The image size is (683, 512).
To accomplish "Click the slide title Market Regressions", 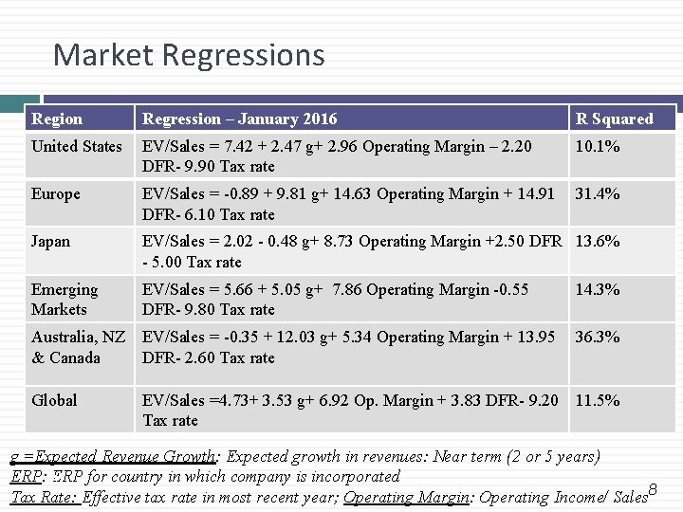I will point(189,55).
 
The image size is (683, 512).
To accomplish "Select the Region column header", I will point(57,119).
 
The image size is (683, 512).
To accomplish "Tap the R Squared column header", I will point(614,119).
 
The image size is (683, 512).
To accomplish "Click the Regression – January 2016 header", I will point(239,119).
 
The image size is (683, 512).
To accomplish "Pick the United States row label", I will point(77,147).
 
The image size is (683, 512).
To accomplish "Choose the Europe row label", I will point(56,194).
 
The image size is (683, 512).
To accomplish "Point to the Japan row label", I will point(51,242).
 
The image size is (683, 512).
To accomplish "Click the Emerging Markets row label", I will point(65,300).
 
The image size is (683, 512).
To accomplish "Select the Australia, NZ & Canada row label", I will point(78,347).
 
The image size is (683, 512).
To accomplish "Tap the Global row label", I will point(54,400).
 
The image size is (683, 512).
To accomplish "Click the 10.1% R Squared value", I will point(598,147).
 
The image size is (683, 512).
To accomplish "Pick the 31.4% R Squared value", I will point(598,194).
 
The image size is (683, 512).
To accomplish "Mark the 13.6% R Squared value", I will point(598,242).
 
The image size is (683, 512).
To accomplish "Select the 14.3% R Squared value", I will point(598,289).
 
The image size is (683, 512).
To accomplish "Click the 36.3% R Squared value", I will point(598,337).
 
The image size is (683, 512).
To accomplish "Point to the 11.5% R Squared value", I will point(598,400).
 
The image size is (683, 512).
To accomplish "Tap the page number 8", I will point(653,489).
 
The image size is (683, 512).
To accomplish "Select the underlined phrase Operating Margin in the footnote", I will point(406,497).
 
